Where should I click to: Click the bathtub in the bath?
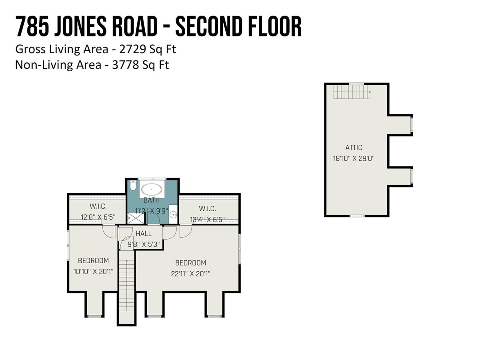[152, 189]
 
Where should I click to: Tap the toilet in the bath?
[132, 185]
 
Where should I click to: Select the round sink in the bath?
[174, 215]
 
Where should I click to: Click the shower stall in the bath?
[136, 218]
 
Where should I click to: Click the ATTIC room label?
[354, 148]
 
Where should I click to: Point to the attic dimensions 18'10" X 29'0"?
[354, 158]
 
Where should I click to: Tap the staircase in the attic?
[352, 92]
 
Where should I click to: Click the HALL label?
[144, 234]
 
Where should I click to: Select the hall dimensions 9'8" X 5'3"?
[144, 244]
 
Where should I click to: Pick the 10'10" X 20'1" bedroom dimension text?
[93, 272]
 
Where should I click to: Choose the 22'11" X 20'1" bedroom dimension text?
[190, 274]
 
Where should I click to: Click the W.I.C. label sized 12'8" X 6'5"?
[98, 206]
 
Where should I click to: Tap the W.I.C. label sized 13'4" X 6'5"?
[207, 209]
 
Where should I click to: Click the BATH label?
[152, 200]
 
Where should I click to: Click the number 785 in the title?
[32, 27]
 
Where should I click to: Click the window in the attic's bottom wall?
[357, 216]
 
